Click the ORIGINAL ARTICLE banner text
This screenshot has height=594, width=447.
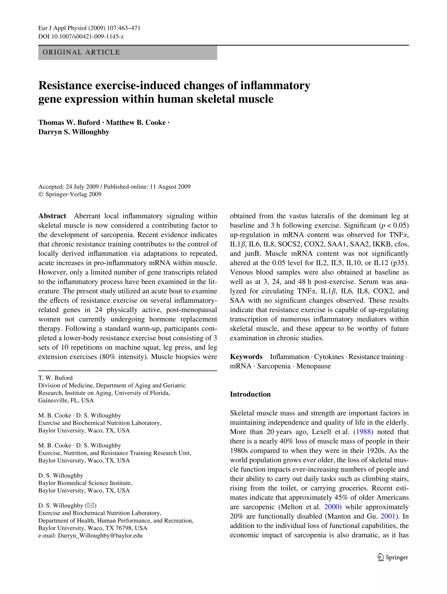81,52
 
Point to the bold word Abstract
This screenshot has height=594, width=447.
52,216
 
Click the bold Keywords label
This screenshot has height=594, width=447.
246,357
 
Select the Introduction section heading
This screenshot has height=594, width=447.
250,394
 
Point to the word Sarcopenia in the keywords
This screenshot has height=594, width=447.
274,366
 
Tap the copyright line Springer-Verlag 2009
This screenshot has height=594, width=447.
70,194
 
